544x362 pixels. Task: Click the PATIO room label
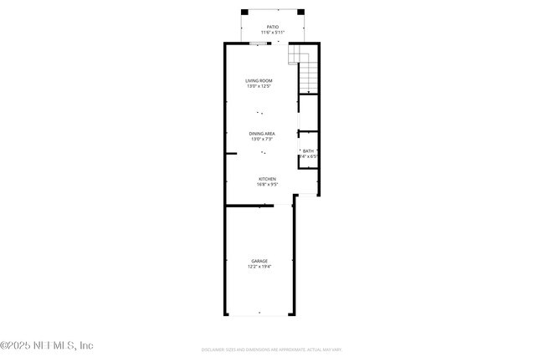coord(272,27)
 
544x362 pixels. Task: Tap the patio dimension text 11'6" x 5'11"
coord(272,33)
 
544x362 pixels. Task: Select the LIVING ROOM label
coord(259,80)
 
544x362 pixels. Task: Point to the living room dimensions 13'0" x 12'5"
coord(259,86)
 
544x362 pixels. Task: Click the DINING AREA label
coord(262,133)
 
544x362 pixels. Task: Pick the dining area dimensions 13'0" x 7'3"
coord(262,139)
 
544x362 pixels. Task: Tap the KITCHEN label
coord(267,178)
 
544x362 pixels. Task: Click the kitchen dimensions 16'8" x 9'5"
coord(267,184)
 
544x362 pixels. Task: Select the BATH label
coord(309,150)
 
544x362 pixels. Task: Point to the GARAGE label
coord(259,261)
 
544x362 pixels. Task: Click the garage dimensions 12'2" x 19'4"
coord(259,267)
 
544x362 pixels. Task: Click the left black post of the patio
coord(244,12)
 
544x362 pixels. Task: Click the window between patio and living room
coord(259,43)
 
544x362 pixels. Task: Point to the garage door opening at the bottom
coord(259,314)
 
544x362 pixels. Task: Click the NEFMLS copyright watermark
coord(47,345)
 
